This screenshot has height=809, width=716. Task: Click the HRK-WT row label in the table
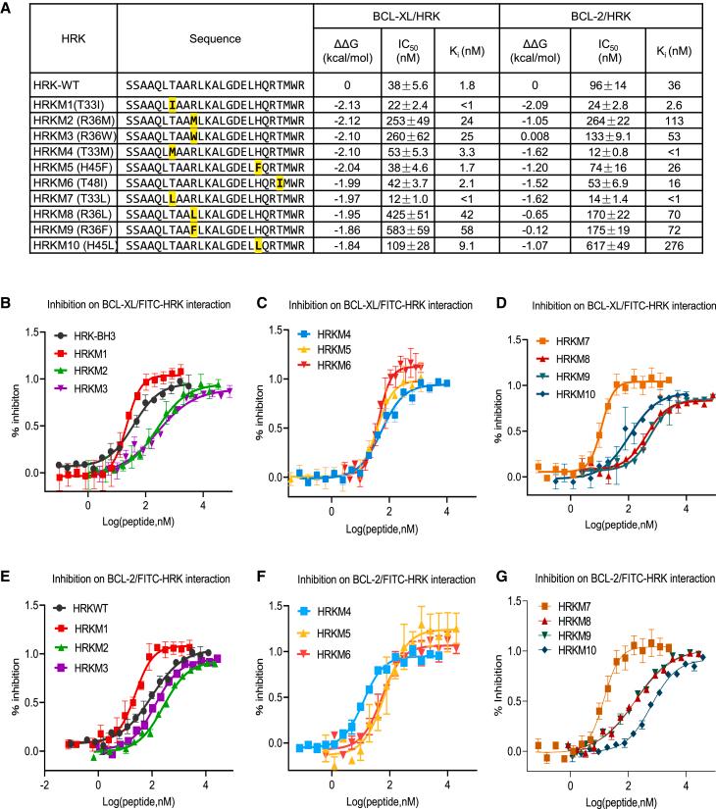(x=38, y=85)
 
